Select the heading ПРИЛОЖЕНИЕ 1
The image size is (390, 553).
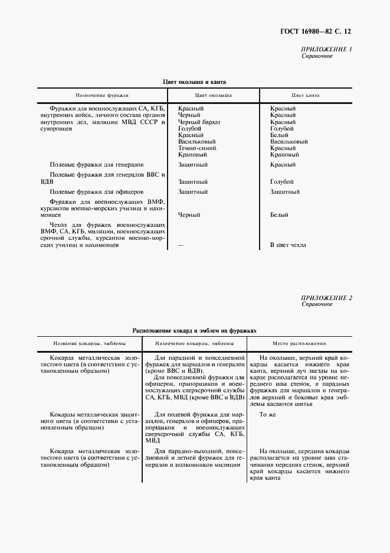(326, 49)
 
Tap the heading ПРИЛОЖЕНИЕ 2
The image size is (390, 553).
(326, 298)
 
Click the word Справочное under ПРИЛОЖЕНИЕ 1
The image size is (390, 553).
(317, 56)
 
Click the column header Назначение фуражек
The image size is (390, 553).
(102, 95)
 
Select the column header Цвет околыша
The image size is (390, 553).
(213, 95)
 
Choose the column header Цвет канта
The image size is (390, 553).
(306, 95)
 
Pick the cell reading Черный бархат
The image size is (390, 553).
(199, 122)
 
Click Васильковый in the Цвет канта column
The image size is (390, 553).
(289, 142)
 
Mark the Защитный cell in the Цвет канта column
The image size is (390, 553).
(284, 192)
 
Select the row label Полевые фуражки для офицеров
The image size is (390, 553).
(96, 192)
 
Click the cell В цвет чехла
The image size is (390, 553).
(288, 245)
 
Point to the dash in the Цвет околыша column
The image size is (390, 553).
(181, 245)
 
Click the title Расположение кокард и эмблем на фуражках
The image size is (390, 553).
(195, 331)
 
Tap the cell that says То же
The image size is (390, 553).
(268, 415)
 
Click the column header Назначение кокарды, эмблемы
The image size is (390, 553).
(195, 343)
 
